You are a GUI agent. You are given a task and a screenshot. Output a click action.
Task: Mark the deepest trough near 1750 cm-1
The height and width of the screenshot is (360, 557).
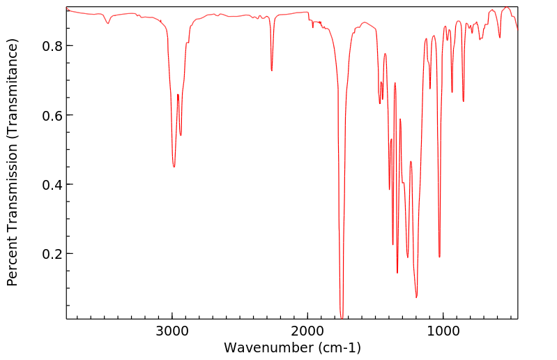(342, 315)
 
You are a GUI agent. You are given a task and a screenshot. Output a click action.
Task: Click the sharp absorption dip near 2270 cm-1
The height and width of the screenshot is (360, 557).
(272, 70)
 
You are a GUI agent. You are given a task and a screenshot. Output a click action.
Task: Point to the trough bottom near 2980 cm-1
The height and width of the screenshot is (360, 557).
(174, 167)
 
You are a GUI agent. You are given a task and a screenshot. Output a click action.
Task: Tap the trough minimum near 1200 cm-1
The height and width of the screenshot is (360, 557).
(416, 297)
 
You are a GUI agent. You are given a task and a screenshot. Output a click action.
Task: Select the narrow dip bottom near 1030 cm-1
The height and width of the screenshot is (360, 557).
(439, 257)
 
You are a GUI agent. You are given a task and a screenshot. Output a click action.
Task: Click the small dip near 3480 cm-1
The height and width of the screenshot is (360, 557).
(108, 24)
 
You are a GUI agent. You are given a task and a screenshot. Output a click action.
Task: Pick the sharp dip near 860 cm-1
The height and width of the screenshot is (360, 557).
(463, 101)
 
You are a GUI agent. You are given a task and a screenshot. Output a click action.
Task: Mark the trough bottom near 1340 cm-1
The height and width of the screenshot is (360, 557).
(397, 273)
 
